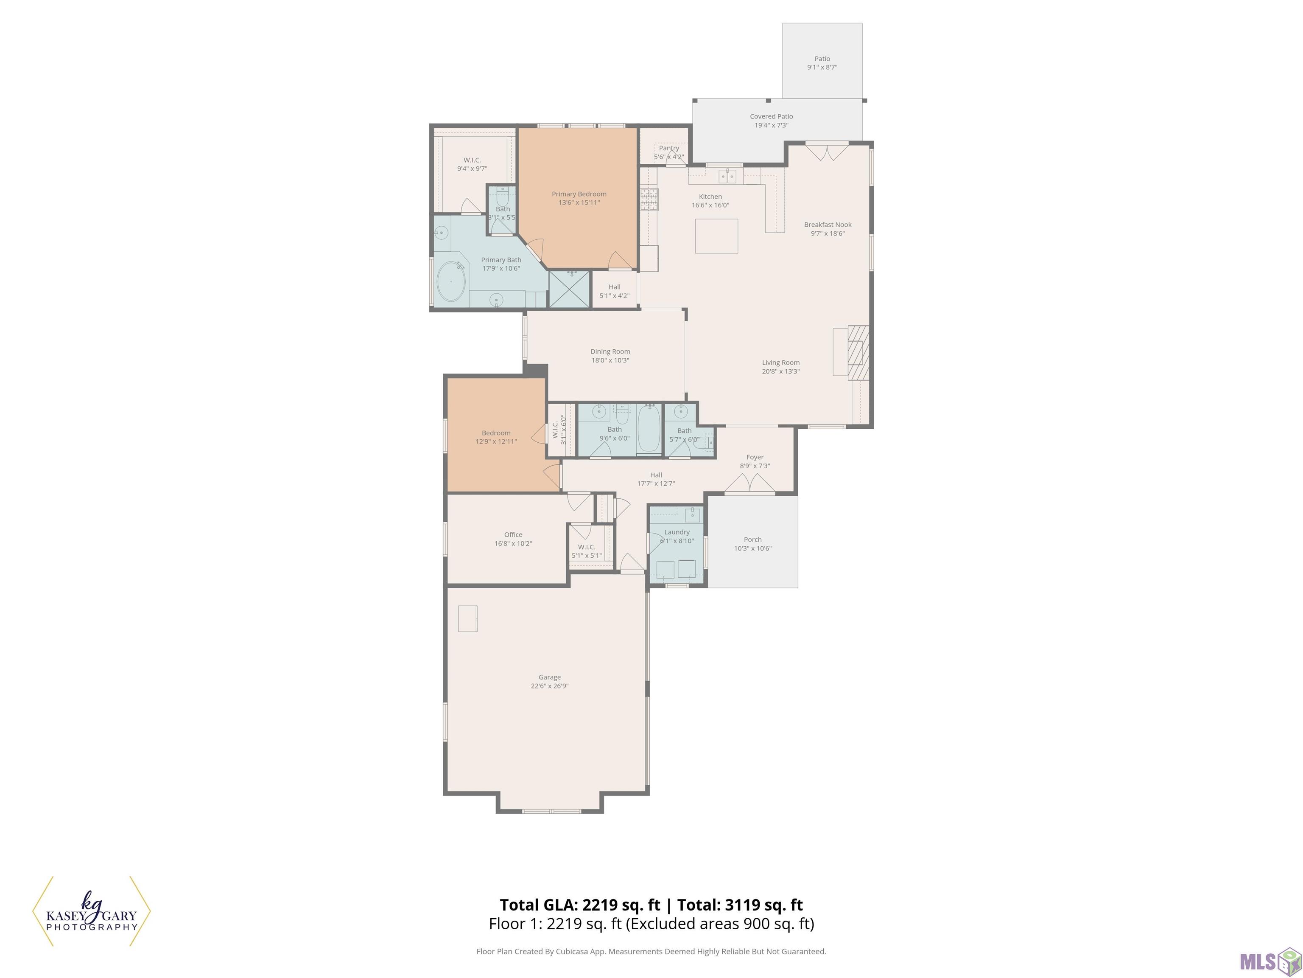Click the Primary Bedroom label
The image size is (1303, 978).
click(579, 194)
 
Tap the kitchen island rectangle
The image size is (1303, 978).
click(716, 236)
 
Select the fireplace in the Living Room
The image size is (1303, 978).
click(858, 352)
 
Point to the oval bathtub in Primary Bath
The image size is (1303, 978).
click(452, 281)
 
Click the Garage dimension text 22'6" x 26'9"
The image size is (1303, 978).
click(550, 686)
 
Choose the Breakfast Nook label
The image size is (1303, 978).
click(828, 225)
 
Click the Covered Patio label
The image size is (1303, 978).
click(771, 117)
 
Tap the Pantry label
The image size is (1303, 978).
click(669, 148)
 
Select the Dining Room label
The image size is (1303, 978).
click(610, 351)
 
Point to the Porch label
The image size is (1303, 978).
click(753, 540)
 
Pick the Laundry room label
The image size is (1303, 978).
click(677, 532)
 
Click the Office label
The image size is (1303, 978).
click(513, 535)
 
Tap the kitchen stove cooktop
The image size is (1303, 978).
click(649, 199)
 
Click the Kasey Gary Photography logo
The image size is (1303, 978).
click(91, 911)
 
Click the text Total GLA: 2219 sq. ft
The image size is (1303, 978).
click(580, 905)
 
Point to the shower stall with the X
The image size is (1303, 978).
click(570, 289)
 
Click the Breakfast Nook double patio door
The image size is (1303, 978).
click(827, 152)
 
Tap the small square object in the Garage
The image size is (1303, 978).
click(468, 618)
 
